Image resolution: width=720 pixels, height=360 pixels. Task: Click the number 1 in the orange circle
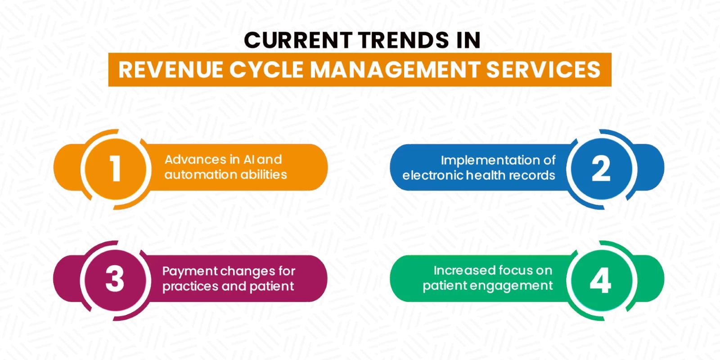115,169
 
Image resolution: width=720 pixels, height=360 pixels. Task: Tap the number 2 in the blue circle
601,169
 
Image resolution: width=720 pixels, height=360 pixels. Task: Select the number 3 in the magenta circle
115,279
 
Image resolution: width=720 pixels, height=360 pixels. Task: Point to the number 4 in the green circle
600,280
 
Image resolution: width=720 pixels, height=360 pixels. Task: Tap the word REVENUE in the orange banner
171,70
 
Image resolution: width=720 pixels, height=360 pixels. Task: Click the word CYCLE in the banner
266,70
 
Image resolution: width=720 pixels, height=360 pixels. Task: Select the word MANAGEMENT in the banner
395,70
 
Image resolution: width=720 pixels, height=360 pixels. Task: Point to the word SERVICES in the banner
543,70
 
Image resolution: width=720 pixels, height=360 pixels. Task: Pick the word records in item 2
534,175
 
